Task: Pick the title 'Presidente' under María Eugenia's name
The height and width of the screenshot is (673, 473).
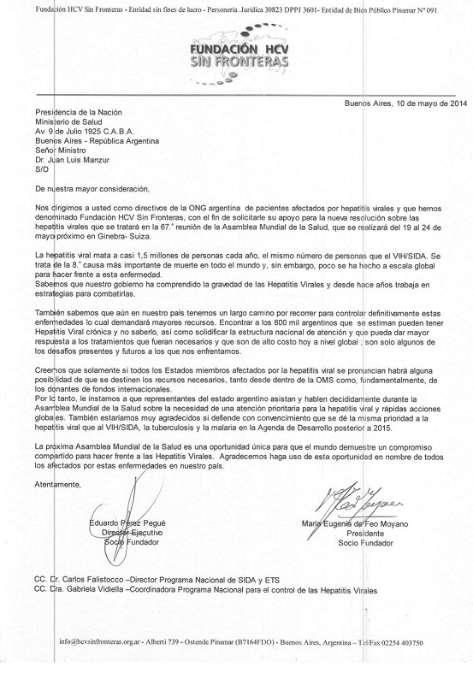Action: pyautogui.click(x=367, y=533)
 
